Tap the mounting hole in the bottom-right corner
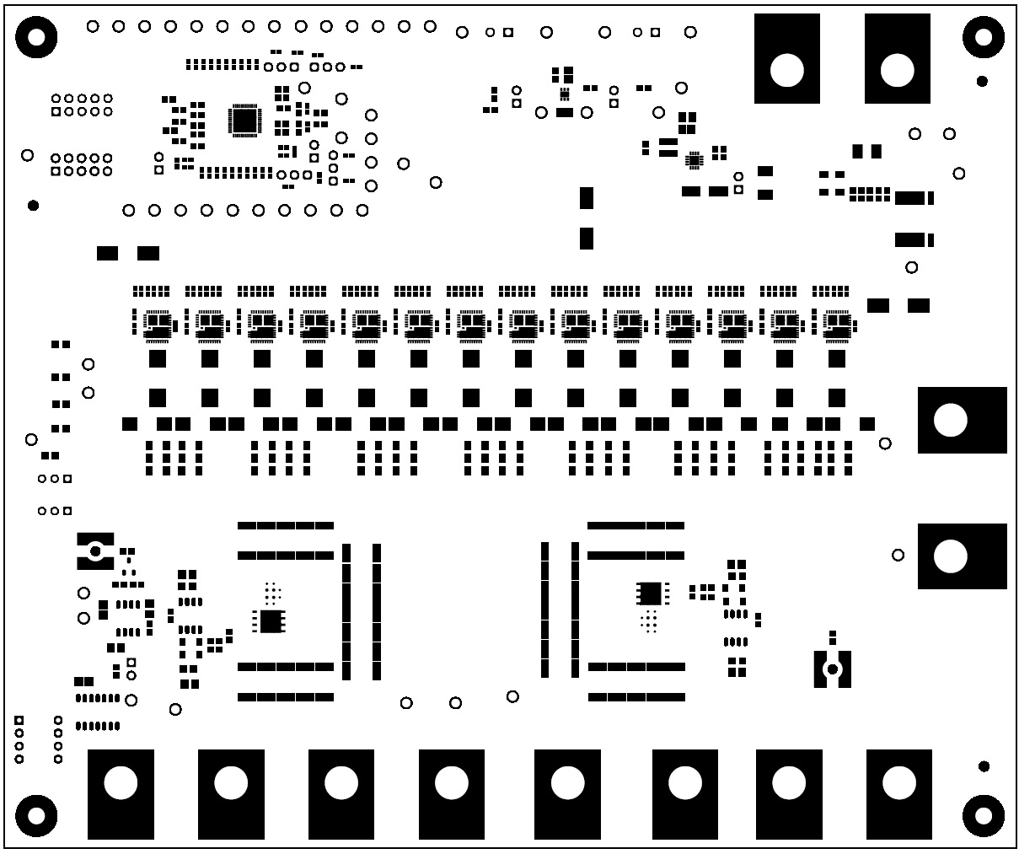[x=984, y=815]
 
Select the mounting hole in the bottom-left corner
[x=36, y=815]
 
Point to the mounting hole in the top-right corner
[x=984, y=36]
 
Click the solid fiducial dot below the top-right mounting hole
[x=982, y=81]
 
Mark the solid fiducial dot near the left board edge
[x=33, y=205]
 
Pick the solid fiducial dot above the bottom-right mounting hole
[x=984, y=766]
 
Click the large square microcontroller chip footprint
[x=244, y=121]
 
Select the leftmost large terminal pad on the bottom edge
[x=121, y=793]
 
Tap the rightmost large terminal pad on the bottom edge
[x=898, y=793]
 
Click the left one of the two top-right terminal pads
[x=787, y=58]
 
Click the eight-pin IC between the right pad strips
[x=650, y=594]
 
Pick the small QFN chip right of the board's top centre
[x=694, y=159]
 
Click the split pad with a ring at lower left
[x=95, y=551]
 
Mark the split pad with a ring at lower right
[x=832, y=669]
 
